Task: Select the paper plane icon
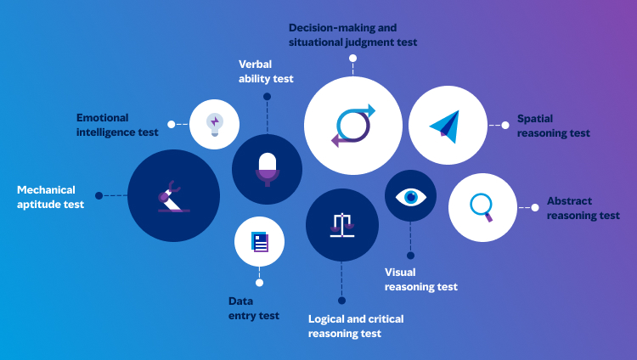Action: click(447, 125)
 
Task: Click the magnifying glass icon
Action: click(482, 206)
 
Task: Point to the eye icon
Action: click(411, 197)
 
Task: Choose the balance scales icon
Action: click(341, 224)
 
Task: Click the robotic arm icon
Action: click(172, 195)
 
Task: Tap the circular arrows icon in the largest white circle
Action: click(353, 125)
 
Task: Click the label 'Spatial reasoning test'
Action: click(553, 127)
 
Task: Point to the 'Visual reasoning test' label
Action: click(421, 279)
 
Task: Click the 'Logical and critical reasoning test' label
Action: click(356, 326)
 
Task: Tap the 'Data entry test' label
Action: click(253, 308)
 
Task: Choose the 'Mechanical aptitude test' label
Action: click(50, 197)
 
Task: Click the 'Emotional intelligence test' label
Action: click(117, 125)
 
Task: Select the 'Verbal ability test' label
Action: click(266, 71)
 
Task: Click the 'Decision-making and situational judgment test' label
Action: click(352, 35)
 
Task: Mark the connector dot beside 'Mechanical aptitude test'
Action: click(99, 195)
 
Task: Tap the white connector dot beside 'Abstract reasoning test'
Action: click(534, 206)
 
